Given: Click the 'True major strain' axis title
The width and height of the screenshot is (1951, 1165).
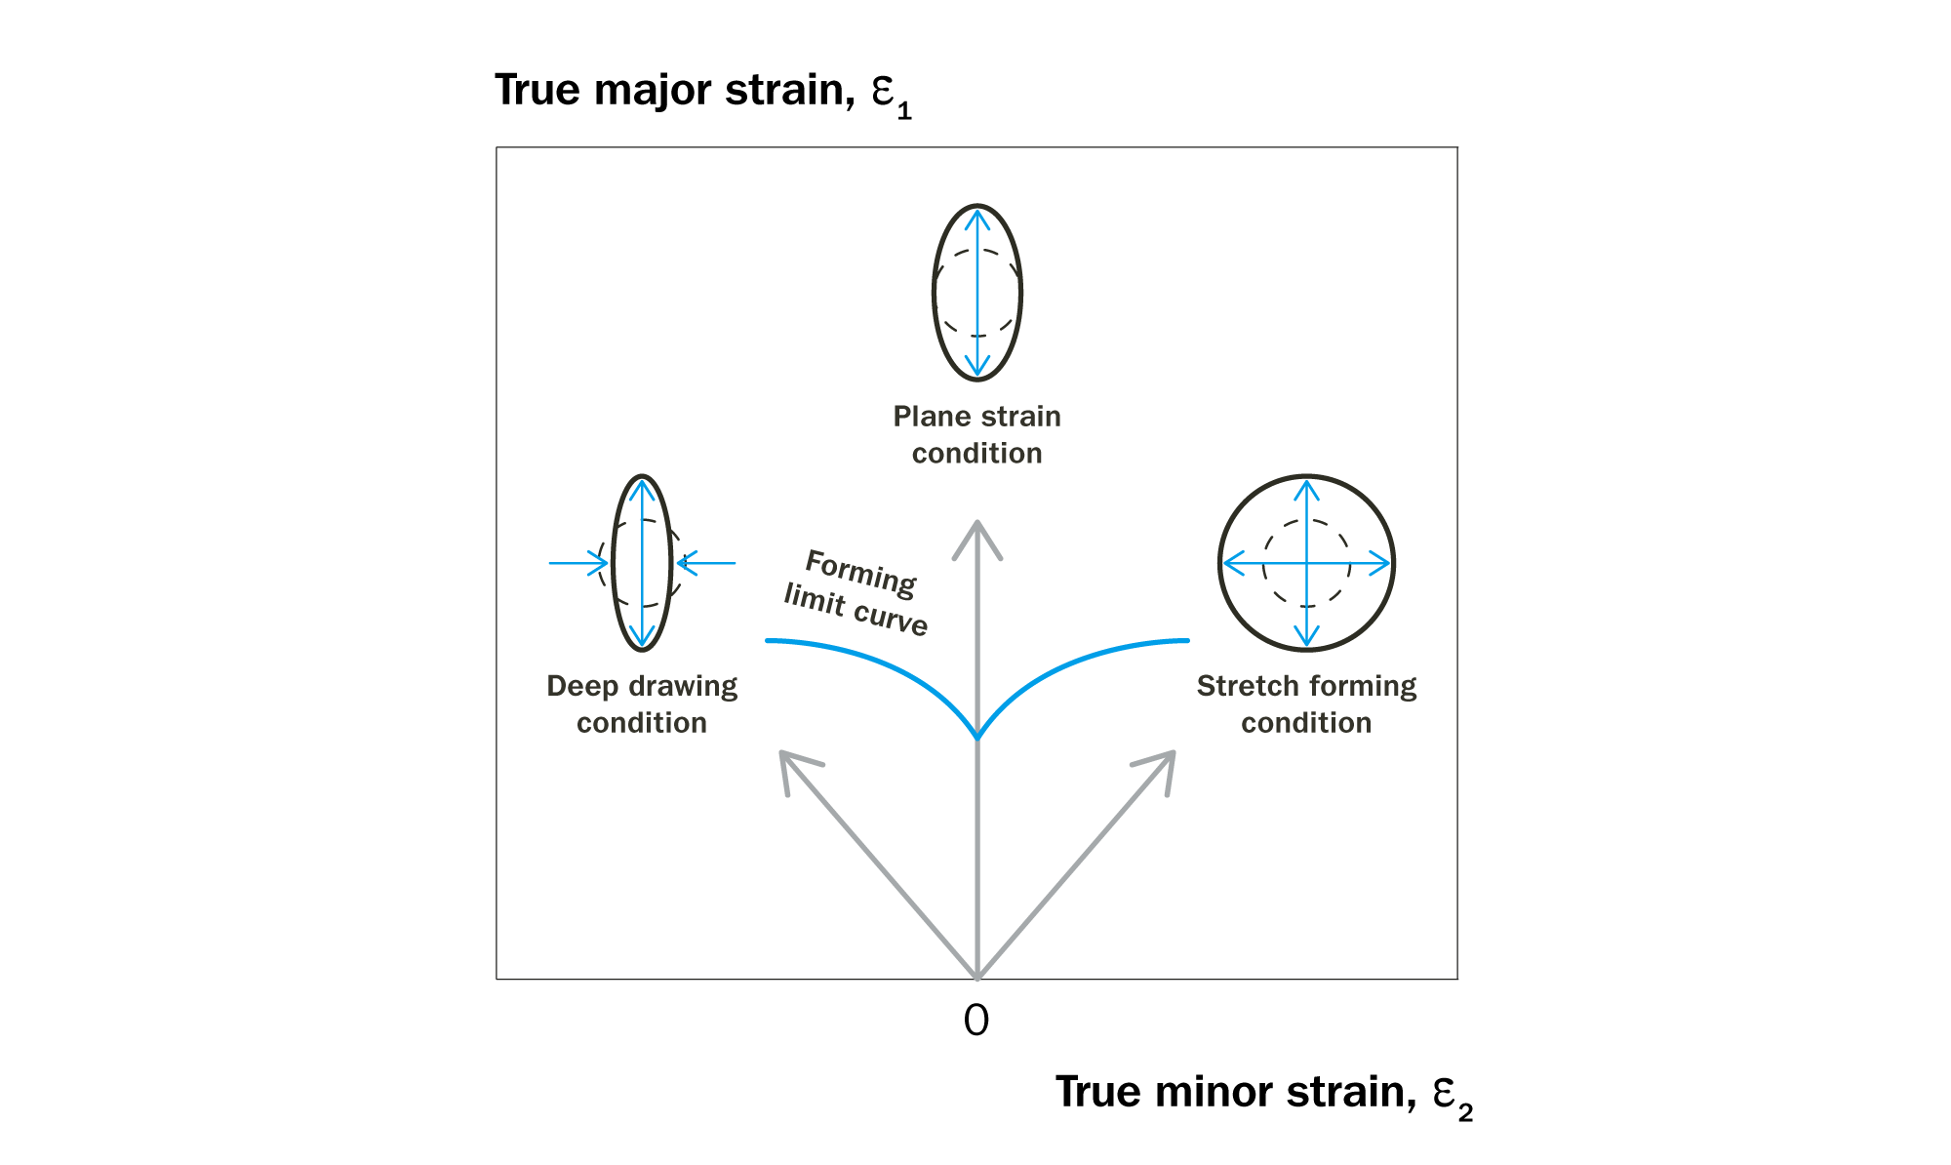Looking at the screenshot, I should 702,92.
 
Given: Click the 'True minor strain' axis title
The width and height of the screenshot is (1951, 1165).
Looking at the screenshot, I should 1263,1093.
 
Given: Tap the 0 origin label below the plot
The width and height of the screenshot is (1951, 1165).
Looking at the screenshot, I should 976,1021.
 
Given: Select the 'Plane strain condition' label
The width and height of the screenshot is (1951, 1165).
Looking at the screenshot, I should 976,434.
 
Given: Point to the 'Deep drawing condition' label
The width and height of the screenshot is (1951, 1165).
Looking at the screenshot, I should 642,703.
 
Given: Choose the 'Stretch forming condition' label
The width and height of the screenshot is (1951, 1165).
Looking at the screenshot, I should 1306,703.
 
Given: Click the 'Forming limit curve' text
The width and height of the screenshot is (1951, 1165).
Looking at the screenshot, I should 857,592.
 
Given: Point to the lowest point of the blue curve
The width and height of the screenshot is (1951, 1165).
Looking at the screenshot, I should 977,737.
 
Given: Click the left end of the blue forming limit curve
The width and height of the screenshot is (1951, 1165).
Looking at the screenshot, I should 769,640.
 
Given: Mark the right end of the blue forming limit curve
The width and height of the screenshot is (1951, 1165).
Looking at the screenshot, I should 1186,640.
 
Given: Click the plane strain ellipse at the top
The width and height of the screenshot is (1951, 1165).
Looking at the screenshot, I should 1018,293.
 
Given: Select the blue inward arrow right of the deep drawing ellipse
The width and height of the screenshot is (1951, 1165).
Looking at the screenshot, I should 706,563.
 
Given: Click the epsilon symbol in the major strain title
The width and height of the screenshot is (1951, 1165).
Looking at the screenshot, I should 883,90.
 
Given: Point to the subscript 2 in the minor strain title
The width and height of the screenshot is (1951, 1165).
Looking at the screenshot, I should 1465,1112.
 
